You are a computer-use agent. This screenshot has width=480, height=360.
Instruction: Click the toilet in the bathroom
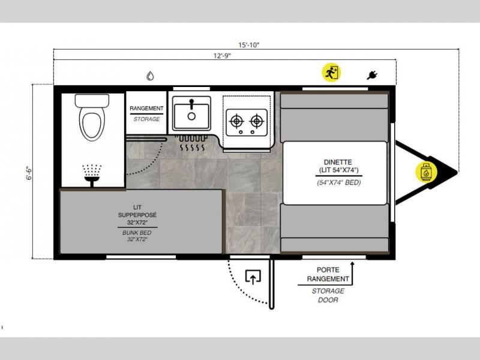point(92,117)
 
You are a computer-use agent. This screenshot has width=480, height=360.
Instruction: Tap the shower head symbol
point(92,175)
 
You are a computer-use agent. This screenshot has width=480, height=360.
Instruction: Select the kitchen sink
point(191,113)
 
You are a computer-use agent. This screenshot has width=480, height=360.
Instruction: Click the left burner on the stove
point(236,121)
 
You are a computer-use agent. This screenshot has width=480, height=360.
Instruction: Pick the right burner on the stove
point(257,121)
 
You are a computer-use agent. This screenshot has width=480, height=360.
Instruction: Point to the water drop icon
point(150,76)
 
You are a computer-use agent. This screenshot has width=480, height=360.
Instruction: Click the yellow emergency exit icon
point(331,73)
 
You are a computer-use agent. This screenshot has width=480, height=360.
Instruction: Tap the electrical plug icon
point(372,75)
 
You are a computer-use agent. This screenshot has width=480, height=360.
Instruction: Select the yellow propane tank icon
point(426,172)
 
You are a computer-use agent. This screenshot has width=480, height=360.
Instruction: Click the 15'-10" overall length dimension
point(249,45)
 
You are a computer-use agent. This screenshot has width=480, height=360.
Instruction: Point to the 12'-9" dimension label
point(222,56)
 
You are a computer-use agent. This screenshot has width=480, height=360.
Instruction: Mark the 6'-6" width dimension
point(29,173)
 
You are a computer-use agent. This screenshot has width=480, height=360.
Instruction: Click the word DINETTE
point(338,162)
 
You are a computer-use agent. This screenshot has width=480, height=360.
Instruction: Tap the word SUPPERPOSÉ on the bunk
point(137,215)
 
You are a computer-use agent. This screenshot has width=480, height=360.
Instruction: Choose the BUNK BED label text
point(137,233)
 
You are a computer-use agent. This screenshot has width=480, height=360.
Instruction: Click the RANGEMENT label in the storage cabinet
point(146,109)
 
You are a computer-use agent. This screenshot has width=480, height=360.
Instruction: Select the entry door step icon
point(253,277)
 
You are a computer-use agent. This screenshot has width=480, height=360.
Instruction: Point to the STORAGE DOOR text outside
point(328,295)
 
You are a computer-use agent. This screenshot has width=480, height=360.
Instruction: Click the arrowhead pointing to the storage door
point(352,264)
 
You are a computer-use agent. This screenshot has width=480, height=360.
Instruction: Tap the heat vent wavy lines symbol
point(192,148)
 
